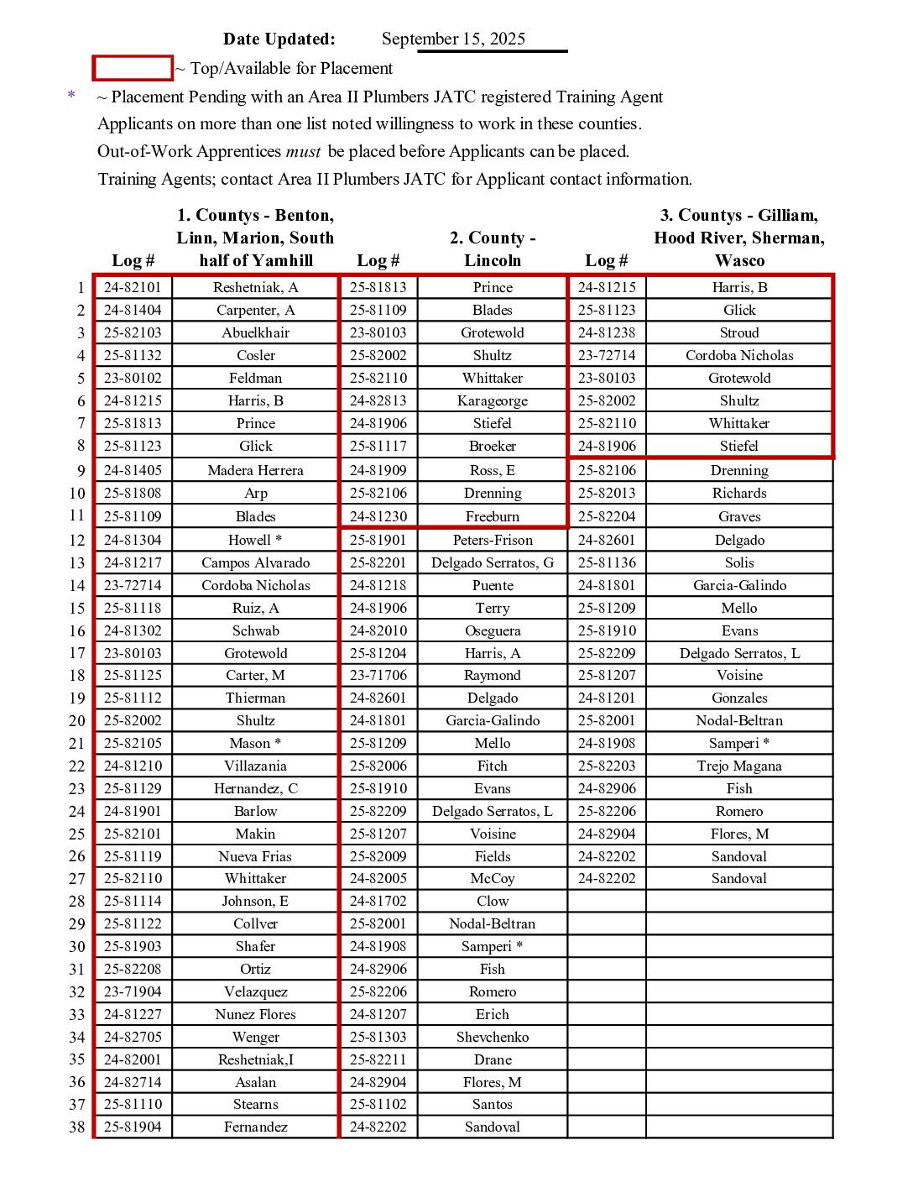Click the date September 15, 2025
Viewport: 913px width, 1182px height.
pos(453,39)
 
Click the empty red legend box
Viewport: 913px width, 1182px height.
pos(133,68)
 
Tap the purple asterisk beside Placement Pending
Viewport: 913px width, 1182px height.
pos(71,96)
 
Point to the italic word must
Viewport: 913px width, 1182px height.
pos(303,152)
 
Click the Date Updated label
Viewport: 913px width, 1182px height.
pos(279,39)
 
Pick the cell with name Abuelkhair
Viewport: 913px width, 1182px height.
pos(255,332)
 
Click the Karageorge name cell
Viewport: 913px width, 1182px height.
pos(493,400)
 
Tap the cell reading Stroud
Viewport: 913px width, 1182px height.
pos(739,332)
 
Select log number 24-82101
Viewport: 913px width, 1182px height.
pos(133,287)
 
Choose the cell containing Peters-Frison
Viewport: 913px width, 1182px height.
pos(493,540)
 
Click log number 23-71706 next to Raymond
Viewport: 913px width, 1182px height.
pos(378,675)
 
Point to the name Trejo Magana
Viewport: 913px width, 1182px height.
pos(739,766)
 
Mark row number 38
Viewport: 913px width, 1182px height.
pos(77,1127)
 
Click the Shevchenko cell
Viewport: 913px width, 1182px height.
pos(493,1037)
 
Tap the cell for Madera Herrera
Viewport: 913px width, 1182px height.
pos(255,470)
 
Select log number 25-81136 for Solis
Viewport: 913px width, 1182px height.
pos(607,562)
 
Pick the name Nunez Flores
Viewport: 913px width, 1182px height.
pos(255,1014)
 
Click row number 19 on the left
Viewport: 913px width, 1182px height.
pos(77,698)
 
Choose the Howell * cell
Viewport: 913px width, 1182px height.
pos(255,540)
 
